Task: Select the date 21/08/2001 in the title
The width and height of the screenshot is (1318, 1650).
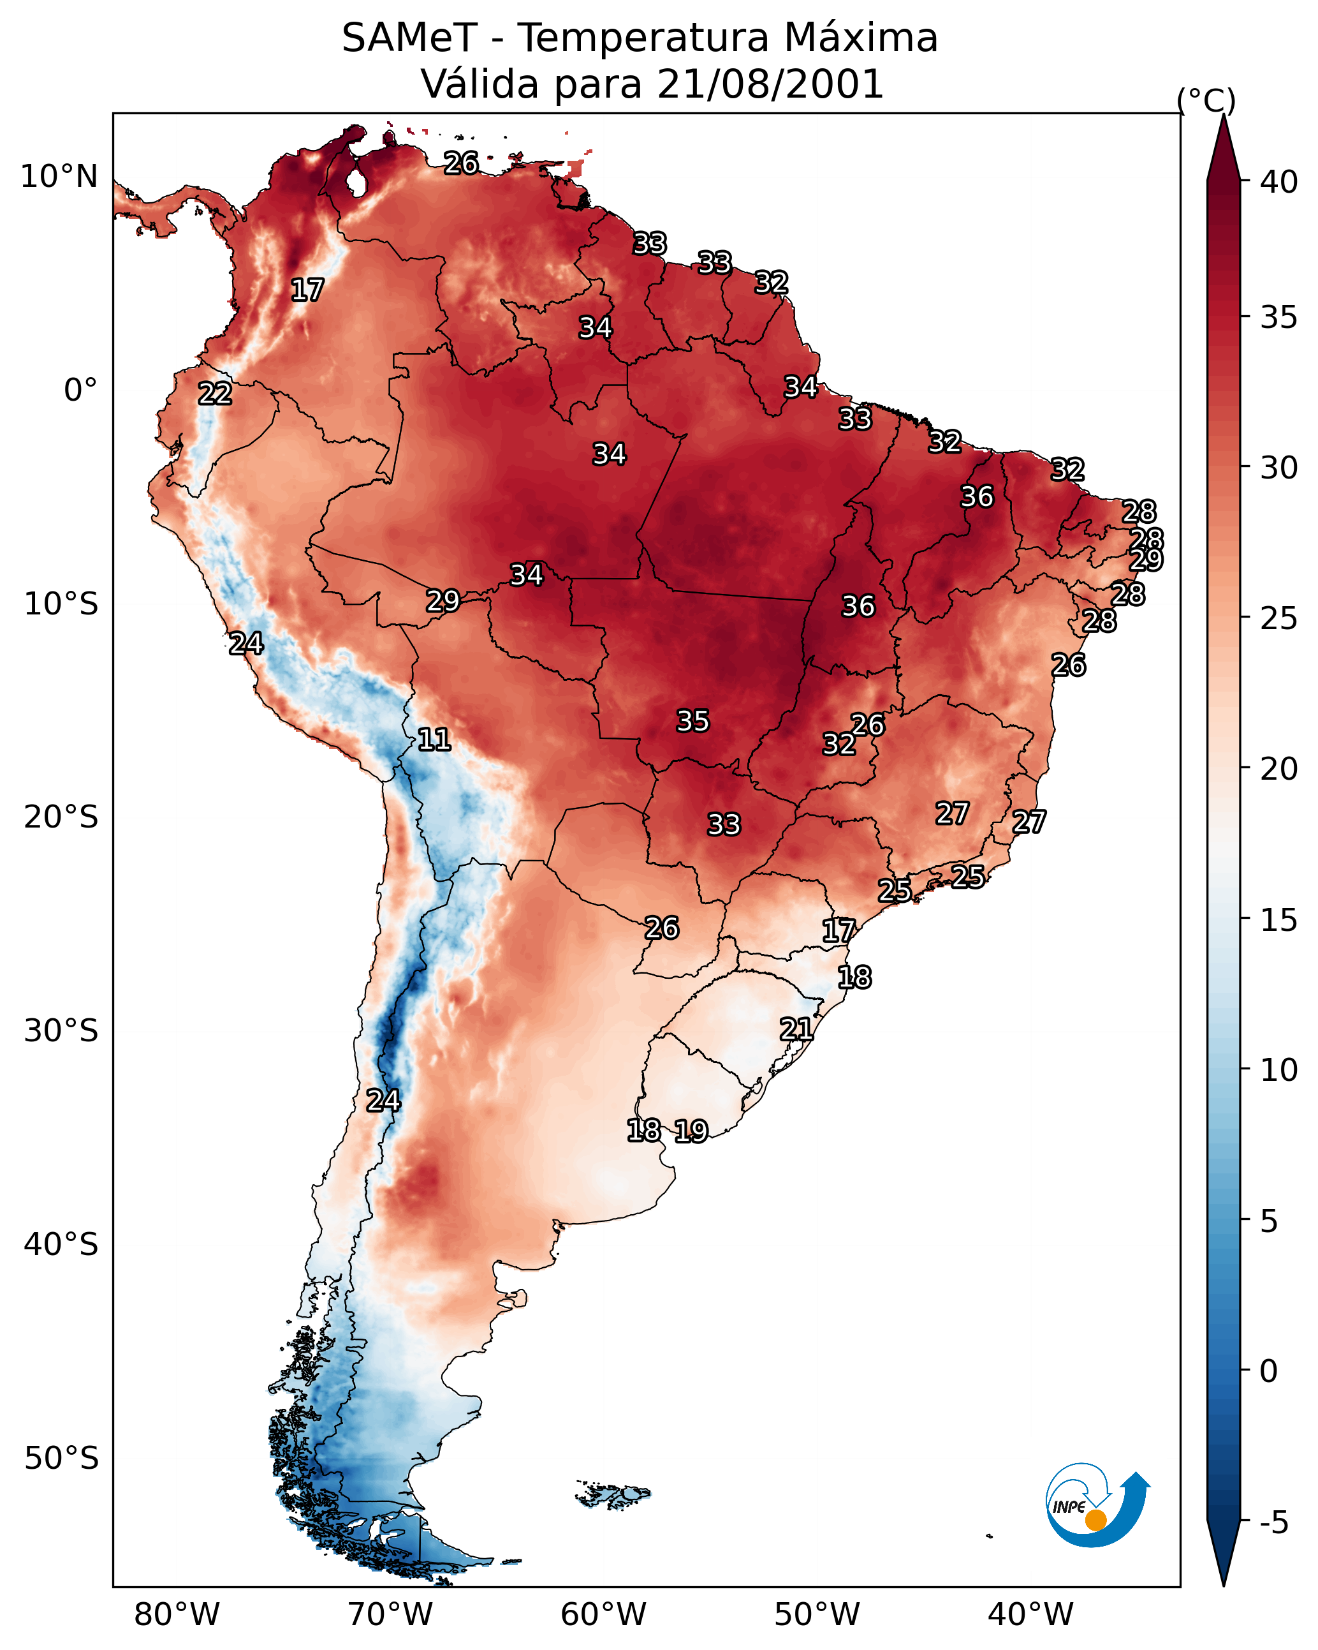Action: [770, 84]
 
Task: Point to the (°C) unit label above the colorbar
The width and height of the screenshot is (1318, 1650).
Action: [1206, 100]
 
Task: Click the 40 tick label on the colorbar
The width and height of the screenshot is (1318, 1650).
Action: [1279, 182]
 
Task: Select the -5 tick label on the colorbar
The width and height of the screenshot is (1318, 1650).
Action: [1273, 1523]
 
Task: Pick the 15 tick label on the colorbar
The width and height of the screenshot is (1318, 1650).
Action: [1279, 920]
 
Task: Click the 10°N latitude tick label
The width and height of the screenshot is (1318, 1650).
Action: [59, 177]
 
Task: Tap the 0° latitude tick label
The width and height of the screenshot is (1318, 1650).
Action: [80, 390]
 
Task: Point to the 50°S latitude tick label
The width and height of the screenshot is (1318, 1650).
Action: [61, 1459]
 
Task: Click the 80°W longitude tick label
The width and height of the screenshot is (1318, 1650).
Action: [177, 1615]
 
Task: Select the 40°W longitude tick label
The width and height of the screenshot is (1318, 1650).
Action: [1030, 1615]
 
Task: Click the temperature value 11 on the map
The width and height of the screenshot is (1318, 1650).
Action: [434, 740]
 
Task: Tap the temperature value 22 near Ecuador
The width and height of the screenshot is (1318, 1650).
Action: [215, 394]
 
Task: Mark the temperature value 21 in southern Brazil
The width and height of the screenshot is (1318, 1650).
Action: [796, 1029]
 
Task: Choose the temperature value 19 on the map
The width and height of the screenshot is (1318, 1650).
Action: [691, 1131]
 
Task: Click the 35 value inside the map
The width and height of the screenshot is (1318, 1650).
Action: [693, 721]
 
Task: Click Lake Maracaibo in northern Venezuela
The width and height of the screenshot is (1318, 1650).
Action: [356, 182]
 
